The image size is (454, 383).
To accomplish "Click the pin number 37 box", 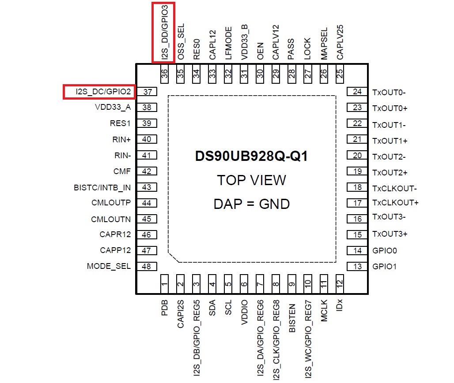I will pos(147,92).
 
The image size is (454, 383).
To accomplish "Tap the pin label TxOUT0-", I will pos(389,93).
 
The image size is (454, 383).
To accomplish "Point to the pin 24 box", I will pos(357,92).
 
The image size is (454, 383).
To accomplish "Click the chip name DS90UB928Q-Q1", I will pos(251,156).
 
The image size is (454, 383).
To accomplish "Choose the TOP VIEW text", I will pos(251,180).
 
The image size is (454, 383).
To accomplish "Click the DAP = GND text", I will pos(251,204).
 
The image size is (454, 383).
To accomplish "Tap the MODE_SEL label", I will pos(109,266).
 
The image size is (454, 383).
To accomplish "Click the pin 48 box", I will pos(147,266).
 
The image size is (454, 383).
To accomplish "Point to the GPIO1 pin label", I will pos(385,267).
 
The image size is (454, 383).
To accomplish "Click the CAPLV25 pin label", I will pos(340,42).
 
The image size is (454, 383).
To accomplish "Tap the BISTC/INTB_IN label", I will pos(102,187).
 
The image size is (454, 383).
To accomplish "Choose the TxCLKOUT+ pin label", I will pos(395,203).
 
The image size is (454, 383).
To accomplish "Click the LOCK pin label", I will pos(307,49).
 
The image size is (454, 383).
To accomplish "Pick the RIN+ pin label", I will pos(122,140).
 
